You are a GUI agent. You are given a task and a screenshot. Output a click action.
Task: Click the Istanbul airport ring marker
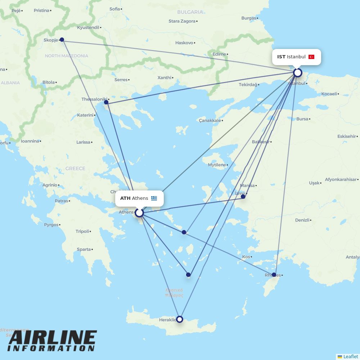pyautogui.click(x=297, y=73)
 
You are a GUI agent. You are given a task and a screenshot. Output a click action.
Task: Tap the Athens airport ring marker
pyautogui.click(x=139, y=213)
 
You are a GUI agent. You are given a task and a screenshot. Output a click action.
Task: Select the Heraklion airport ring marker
pyautogui.click(x=180, y=319)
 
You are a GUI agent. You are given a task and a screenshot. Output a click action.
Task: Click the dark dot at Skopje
pyautogui.click(x=62, y=40)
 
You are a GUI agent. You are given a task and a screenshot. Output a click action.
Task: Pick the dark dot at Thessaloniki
pyautogui.click(x=106, y=102)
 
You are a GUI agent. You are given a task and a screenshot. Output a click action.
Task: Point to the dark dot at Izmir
pyautogui.click(x=243, y=197)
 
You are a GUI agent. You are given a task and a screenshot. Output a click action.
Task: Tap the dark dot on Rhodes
pyautogui.click(x=274, y=275)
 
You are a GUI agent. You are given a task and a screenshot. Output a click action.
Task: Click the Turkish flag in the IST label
pyautogui.click(x=311, y=57)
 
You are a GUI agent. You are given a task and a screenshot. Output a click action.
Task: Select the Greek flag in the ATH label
pyautogui.click(x=154, y=198)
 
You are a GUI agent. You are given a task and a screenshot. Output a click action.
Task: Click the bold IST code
pyautogui.click(x=281, y=57)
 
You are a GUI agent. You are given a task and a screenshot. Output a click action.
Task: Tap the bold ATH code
pyautogui.click(x=125, y=198)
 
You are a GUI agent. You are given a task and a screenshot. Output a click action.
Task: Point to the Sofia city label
pyautogui.click(x=114, y=9)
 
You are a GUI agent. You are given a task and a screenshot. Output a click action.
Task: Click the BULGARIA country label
pyautogui.click(x=190, y=12)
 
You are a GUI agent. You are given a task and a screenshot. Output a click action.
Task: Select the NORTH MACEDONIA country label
pyautogui.click(x=66, y=56)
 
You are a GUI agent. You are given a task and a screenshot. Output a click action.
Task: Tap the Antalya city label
pyautogui.click(x=352, y=257)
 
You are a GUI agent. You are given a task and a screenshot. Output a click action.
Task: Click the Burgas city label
pyautogui.click(x=248, y=18)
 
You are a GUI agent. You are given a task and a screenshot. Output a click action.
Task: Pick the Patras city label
pyautogui.click(x=61, y=201)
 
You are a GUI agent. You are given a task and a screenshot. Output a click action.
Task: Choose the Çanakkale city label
pyautogui.click(x=210, y=121)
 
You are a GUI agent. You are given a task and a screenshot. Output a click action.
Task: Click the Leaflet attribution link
pyautogui.click(x=350, y=356)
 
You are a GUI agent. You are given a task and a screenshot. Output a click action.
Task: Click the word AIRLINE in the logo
pyautogui.click(x=52, y=338)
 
